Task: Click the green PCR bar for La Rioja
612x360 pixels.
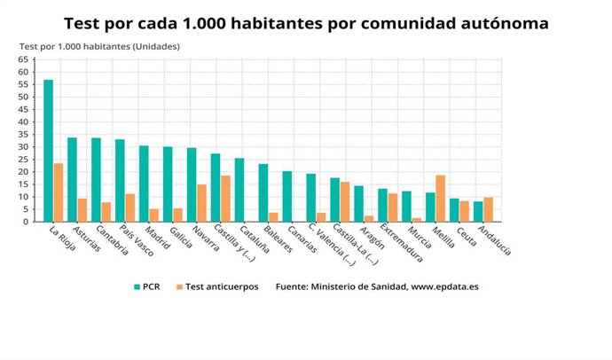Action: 49,151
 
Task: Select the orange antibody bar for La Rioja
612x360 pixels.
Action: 59,192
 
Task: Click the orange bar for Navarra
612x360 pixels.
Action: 202,203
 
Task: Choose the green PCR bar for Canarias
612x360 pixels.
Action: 287,196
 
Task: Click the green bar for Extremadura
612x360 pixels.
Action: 383,205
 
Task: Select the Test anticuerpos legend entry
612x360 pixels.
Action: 216,287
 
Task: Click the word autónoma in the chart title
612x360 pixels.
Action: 506,22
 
